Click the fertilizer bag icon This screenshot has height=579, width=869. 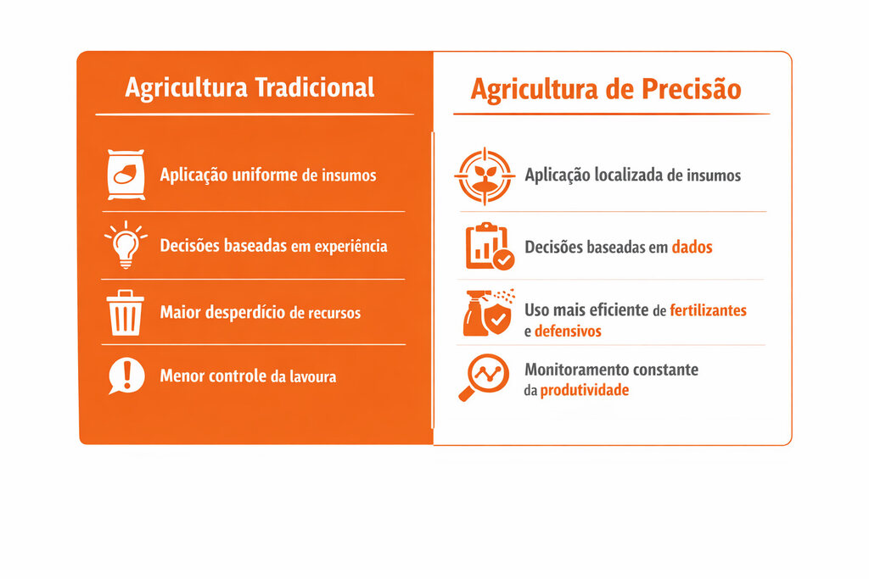point(126,175)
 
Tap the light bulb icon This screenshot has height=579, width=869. point(126,245)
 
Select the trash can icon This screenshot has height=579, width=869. point(126,312)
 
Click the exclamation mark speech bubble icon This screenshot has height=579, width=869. point(126,376)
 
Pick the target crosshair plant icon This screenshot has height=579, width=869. point(485,176)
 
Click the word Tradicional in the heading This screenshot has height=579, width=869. point(314,87)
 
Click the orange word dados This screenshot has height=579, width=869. point(692,247)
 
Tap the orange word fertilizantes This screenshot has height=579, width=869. point(708,310)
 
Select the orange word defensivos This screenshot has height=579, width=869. point(568,331)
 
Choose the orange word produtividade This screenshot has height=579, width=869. point(584,390)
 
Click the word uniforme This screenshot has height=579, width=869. point(265,175)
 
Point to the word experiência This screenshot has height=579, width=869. point(350,246)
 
